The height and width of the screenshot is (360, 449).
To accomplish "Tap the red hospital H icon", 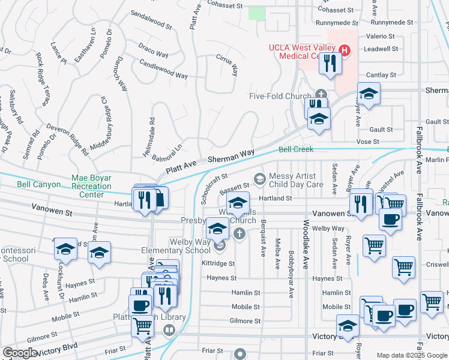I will [345, 50].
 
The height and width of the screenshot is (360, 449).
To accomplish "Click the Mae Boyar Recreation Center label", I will [92, 186].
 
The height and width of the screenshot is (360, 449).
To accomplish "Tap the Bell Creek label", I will [295, 149].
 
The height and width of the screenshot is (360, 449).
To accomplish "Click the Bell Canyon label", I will [38, 185].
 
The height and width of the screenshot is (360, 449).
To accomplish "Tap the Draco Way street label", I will [153, 50].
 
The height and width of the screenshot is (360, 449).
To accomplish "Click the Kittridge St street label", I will [218, 263].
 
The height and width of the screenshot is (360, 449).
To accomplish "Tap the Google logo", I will [19, 353].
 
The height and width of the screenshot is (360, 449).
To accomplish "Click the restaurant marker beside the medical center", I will [330, 63].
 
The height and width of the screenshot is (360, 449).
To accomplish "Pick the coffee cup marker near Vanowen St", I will [390, 219].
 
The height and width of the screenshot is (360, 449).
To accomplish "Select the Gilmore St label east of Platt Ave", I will [245, 321].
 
